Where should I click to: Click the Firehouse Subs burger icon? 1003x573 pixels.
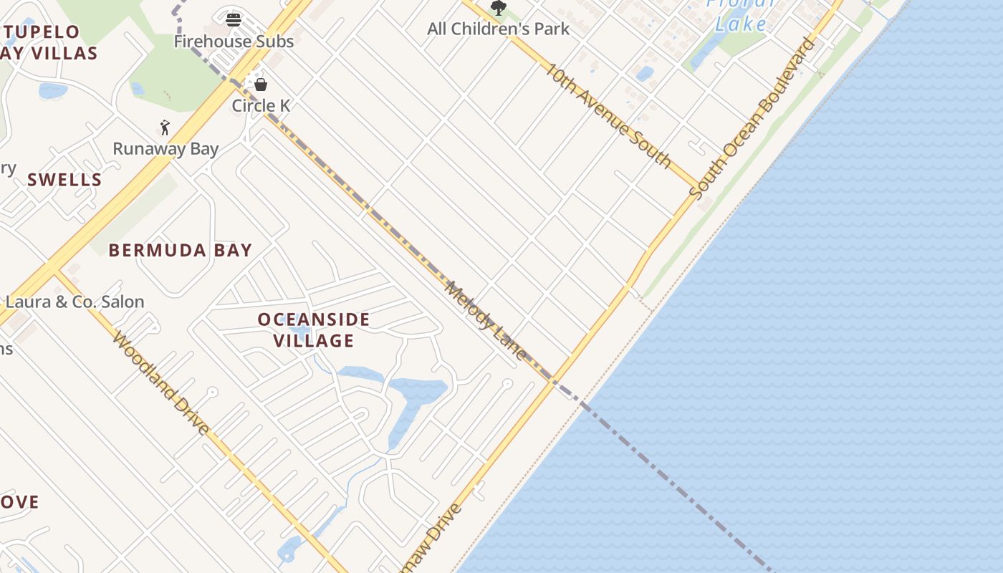pos(234,19)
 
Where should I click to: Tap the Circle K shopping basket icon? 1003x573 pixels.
pos(261,85)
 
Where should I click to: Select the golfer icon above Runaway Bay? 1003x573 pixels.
pos(165,127)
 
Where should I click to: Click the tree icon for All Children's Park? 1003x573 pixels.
pos(499,8)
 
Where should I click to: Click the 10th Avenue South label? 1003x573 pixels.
pos(608,115)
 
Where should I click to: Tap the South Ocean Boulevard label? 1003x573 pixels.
pos(752,117)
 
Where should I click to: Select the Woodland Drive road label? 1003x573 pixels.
pos(161,382)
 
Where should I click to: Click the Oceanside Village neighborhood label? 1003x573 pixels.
pos(314,329)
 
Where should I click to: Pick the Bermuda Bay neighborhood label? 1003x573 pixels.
pos(181,250)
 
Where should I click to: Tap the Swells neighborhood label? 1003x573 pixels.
pos(64,180)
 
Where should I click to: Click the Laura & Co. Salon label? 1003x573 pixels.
pos(75,302)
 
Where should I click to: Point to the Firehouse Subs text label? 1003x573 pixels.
pos(234,41)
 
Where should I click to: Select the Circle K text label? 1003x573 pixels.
pos(261,105)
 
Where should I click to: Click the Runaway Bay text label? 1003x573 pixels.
pos(165,149)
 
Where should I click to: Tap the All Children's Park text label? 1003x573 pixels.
pos(499,29)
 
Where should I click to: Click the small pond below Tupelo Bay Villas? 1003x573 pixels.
pos(53,90)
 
